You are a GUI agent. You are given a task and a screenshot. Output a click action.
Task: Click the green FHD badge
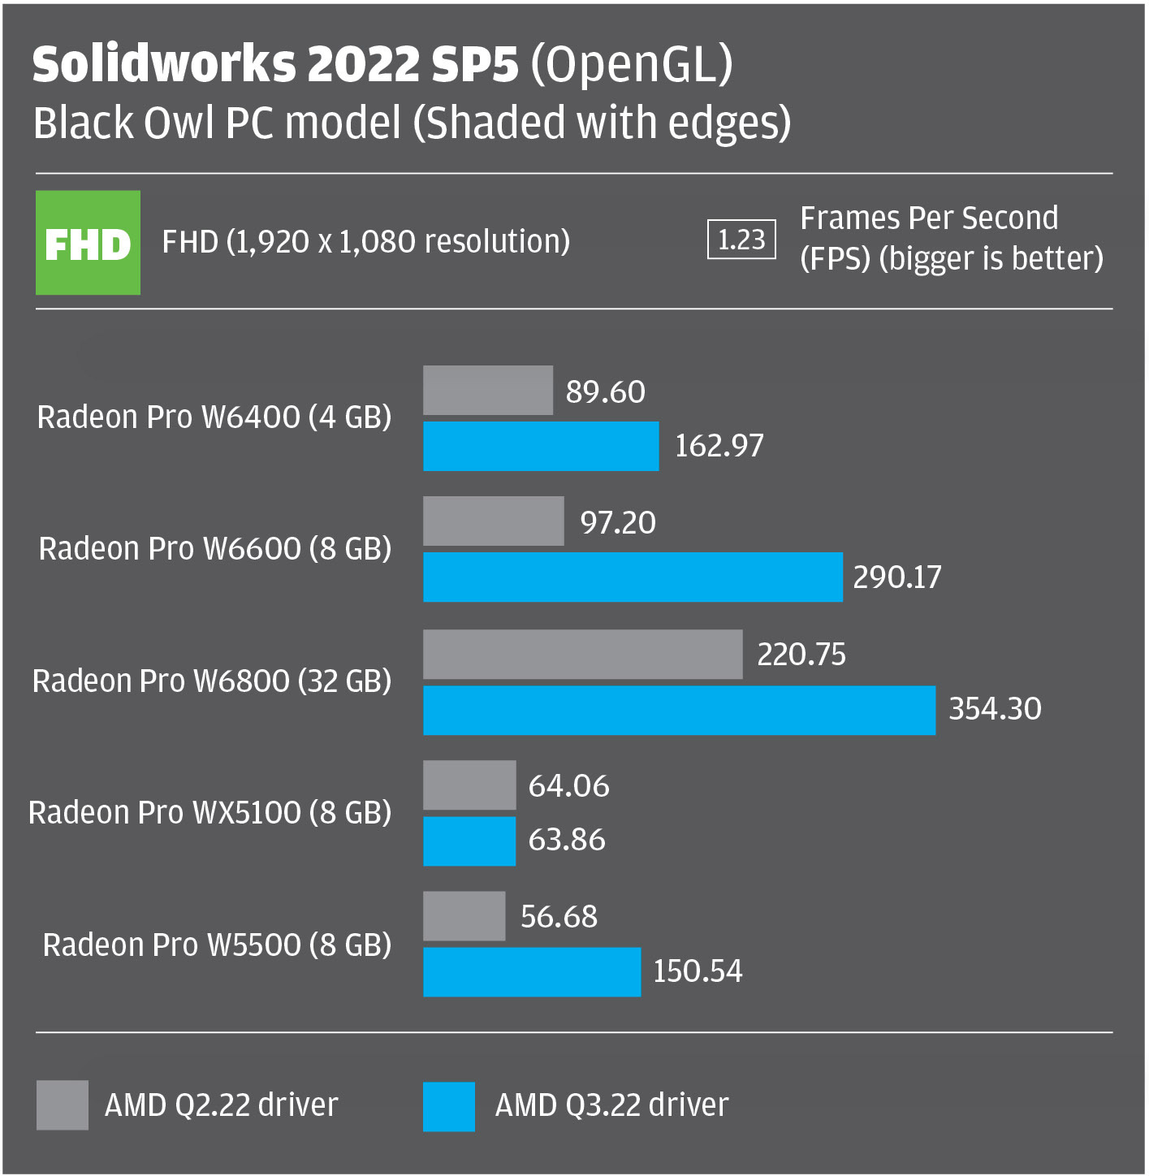88,242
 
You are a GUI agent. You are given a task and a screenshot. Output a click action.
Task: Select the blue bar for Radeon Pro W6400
541,446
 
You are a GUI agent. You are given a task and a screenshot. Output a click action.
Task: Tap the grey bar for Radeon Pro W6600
494,521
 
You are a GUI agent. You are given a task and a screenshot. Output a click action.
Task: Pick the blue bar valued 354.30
679,710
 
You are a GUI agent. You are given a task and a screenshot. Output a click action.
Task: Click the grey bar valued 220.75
582,654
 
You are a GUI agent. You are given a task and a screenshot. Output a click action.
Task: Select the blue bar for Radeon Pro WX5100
469,841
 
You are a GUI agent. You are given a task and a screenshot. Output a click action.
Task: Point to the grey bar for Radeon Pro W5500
464,915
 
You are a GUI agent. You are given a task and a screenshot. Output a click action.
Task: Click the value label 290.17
897,577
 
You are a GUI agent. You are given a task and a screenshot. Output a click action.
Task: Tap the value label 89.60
605,391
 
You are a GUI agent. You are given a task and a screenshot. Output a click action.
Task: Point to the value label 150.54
698,971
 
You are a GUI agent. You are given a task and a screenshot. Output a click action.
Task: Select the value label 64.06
568,785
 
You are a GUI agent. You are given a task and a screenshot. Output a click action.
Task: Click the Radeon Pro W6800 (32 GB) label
212,681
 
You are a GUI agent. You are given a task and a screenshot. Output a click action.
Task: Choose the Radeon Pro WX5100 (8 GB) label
210,813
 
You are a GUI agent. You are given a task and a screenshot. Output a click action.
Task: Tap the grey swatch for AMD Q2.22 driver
63,1105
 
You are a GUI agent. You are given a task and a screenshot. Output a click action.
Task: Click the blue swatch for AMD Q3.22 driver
449,1106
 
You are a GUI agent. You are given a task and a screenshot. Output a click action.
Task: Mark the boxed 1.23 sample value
741,240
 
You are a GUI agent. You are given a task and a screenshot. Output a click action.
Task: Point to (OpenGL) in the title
632,65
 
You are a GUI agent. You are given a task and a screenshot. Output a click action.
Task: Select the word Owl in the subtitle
178,123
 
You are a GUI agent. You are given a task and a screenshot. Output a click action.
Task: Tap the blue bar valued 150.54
532,971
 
